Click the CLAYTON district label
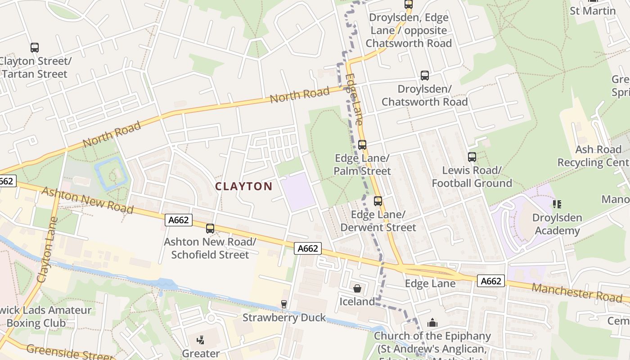pyautogui.click(x=243, y=186)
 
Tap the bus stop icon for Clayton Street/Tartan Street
pyautogui.click(x=35, y=48)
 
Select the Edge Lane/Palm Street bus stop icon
pyautogui.click(x=362, y=145)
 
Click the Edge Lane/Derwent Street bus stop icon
pyautogui.click(x=378, y=201)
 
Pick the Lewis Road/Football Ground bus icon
pyautogui.click(x=472, y=157)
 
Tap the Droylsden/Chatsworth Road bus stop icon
pyautogui.click(x=425, y=76)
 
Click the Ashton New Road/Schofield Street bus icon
pyautogui.click(x=210, y=229)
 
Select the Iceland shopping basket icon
pyautogui.click(x=357, y=288)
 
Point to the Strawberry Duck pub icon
pyautogui.click(x=284, y=304)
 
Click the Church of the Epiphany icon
pyautogui.click(x=432, y=323)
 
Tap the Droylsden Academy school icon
pyautogui.click(x=557, y=204)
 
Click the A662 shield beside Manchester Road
pyautogui.click(x=491, y=281)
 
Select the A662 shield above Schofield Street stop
pyautogui.click(x=179, y=220)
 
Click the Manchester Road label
pyautogui.click(x=577, y=292)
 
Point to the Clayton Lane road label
pyautogui.click(x=48, y=250)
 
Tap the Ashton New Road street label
pyautogui.click(x=87, y=200)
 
